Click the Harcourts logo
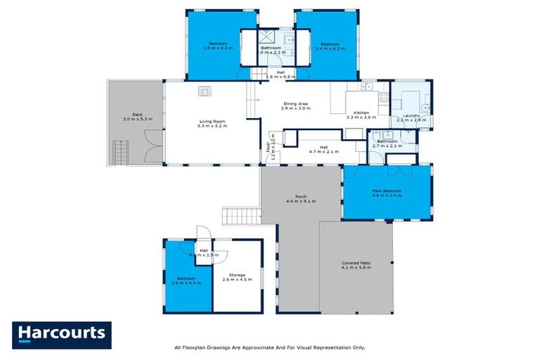coord(62,335)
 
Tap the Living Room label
coord(210,122)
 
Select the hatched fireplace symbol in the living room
coord(204,90)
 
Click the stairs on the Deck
coord(122,152)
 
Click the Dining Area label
coord(295,104)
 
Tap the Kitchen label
coord(361,112)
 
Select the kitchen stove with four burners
coord(384,98)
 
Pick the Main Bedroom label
coord(387,191)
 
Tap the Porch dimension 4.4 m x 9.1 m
coord(300,201)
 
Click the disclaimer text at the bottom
coord(269,347)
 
